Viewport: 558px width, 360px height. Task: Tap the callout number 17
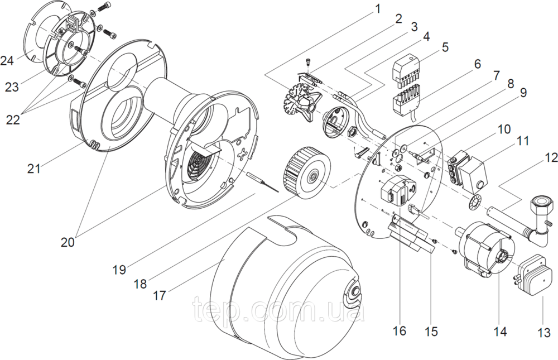pyautogui.click(x=160, y=295)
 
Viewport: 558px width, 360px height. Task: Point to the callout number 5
pyautogui.click(x=445, y=47)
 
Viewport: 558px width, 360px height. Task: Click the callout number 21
pyautogui.click(x=34, y=168)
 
